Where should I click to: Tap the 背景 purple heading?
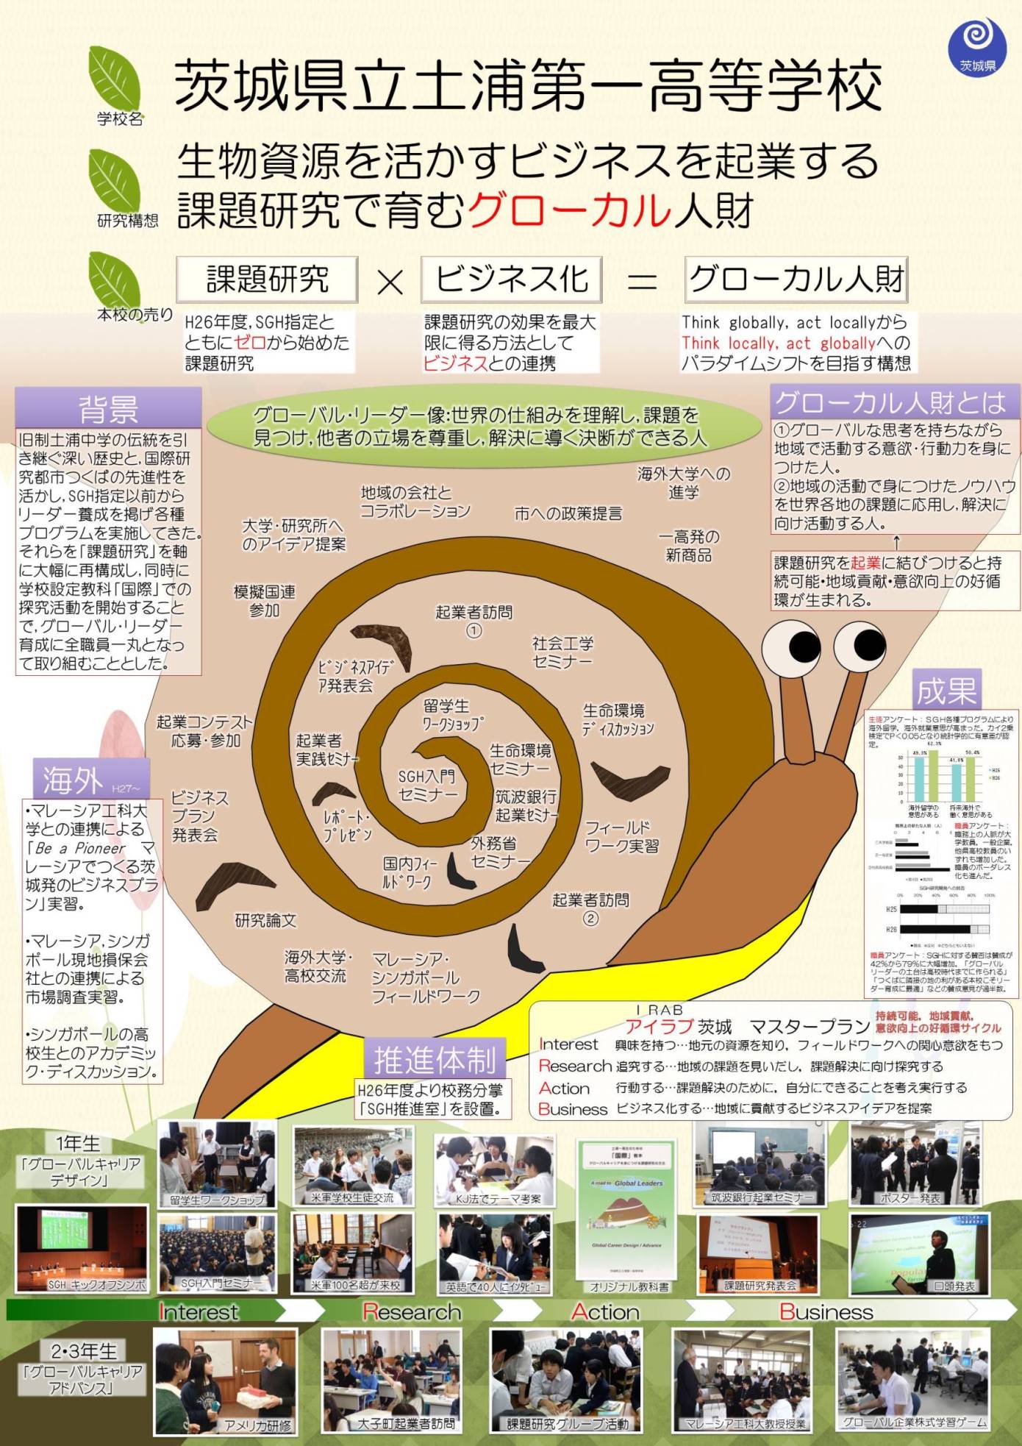point(108,409)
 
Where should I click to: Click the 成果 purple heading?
point(945,690)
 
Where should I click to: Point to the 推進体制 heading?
point(435,1060)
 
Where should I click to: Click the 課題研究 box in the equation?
point(267,279)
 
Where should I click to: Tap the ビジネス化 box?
point(511,279)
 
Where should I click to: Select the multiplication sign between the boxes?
point(390,281)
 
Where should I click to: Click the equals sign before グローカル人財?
point(642,281)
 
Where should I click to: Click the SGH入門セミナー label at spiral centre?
point(427,786)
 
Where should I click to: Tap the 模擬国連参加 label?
point(264,601)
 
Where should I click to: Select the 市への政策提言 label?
point(568,513)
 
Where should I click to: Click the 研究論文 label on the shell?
point(265,919)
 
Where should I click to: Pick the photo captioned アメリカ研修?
point(226,1381)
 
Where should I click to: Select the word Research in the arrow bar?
point(412,1312)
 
